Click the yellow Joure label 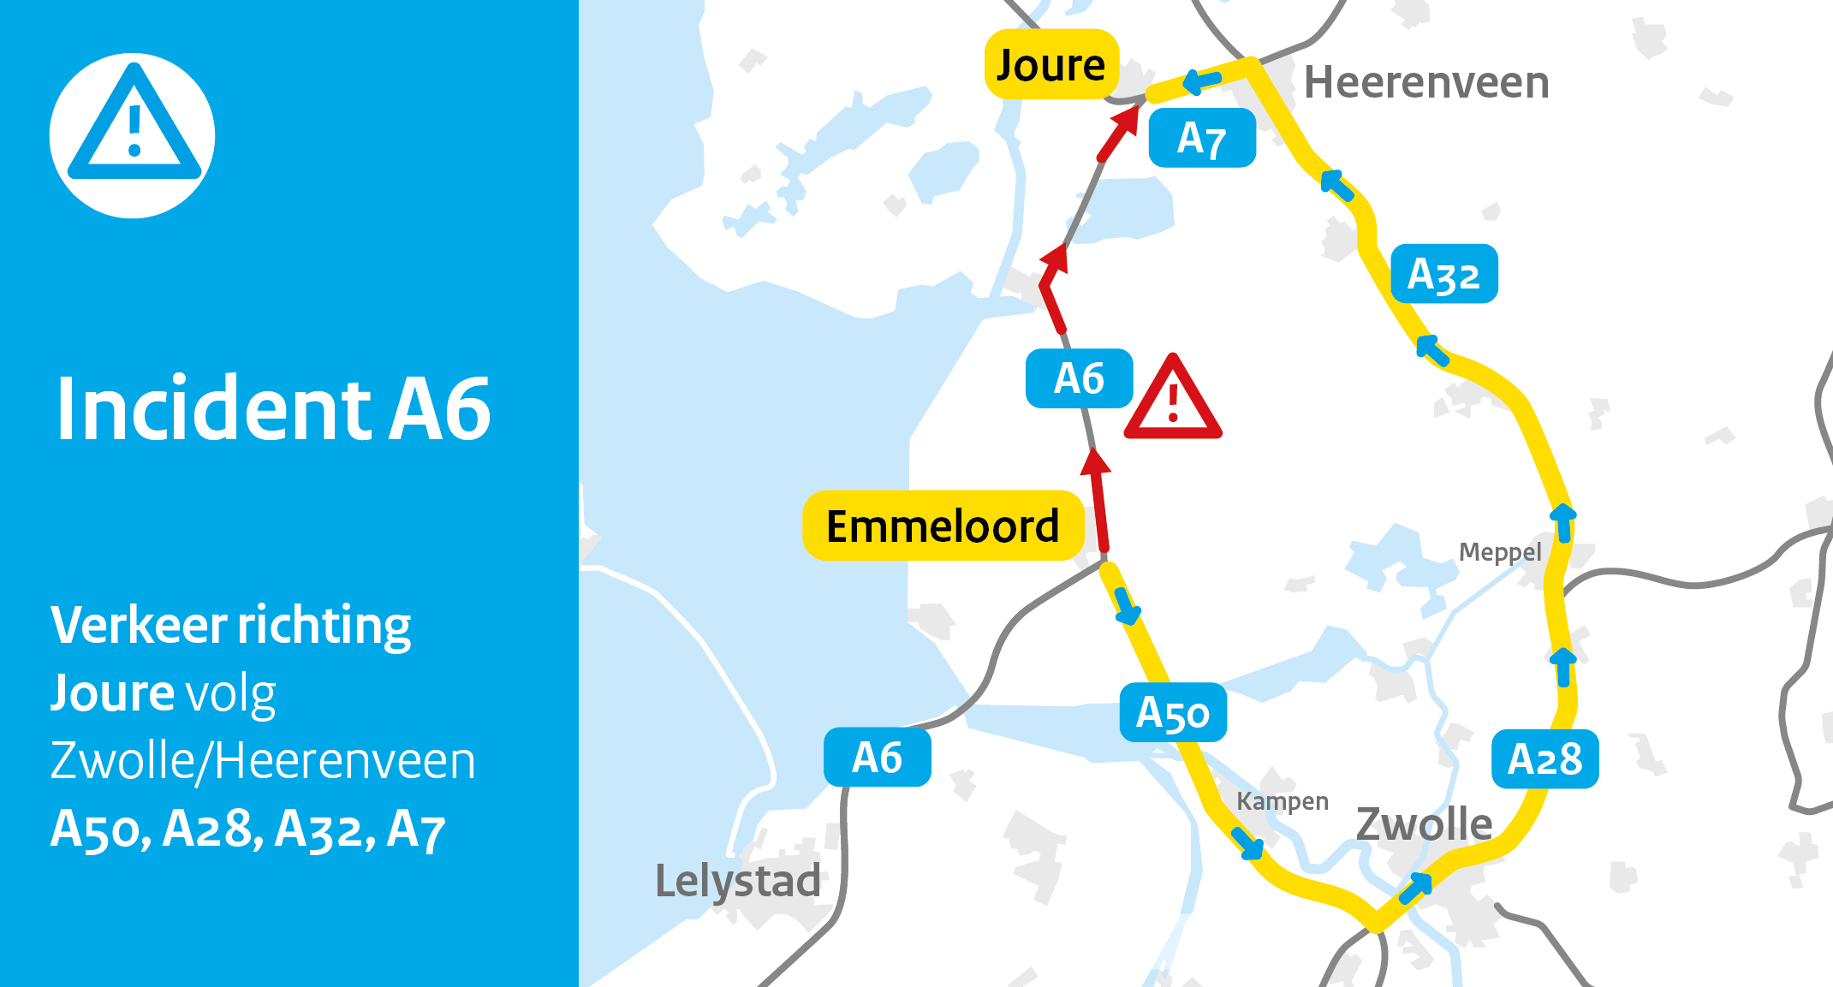[x=1051, y=65]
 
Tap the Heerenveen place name [x=1426, y=83]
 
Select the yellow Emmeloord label [x=943, y=526]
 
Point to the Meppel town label [x=1500, y=552]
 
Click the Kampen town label [x=1283, y=801]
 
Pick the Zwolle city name [x=1425, y=823]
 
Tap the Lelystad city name [x=737, y=881]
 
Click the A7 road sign [x=1202, y=138]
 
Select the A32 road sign [x=1444, y=274]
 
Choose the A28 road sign [x=1544, y=758]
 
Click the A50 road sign [x=1173, y=712]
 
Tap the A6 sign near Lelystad [x=877, y=758]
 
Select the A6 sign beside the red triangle [x=1079, y=378]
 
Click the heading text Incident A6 [x=273, y=409]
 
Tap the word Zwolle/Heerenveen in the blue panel [x=263, y=760]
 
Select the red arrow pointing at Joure [x=1118, y=133]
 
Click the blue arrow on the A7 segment [x=1202, y=82]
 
